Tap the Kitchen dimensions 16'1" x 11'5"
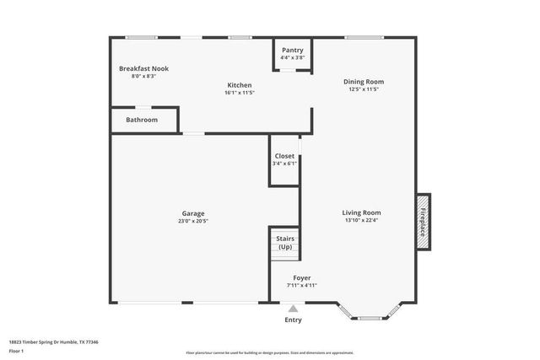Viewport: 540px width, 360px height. tap(240, 93)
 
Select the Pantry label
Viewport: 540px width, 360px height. tap(293, 50)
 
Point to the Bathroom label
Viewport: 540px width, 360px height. tap(142, 120)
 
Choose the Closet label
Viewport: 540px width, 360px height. tap(284, 156)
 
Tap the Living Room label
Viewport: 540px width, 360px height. tap(361, 212)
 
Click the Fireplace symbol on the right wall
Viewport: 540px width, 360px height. tap(424, 221)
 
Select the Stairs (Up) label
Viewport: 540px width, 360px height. tap(285, 243)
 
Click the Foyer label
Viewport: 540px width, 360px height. tap(301, 277)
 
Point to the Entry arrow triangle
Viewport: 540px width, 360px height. tap(293, 309)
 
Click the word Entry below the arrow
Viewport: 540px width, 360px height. tap(293, 320)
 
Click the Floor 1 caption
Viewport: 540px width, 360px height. tap(18, 350)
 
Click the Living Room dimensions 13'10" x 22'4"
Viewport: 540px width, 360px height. tap(361, 221)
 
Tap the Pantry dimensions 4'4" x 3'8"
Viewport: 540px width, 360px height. tap(293, 58)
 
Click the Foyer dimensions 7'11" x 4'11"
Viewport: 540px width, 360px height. tap(301, 286)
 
